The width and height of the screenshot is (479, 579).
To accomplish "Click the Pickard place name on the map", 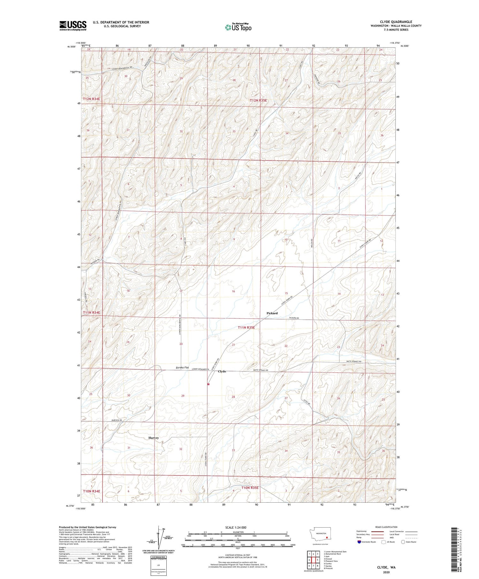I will tap(272, 313).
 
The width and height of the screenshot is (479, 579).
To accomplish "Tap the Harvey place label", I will tap(154, 438).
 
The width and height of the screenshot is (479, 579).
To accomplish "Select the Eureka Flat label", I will tap(182, 368).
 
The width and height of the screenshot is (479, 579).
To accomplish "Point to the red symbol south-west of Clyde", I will tap(208, 384).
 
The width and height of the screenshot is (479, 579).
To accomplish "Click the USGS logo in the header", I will tap(73, 26).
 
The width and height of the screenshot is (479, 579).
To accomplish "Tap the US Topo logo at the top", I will tap(238, 27).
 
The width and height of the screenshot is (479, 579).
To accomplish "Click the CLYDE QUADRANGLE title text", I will tap(396, 22).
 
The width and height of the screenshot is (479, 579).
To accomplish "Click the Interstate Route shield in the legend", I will tap(359, 542).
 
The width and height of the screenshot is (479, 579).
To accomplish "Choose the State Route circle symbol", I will tap(404, 542).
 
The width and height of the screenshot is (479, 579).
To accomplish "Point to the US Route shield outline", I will tap(384, 542).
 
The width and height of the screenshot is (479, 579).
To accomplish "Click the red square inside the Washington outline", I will tap(327, 537).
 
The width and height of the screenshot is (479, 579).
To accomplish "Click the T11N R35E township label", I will tap(246, 328).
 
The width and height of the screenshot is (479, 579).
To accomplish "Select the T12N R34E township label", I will tap(92, 99).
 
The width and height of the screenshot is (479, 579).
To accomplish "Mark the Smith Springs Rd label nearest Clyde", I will tap(259, 370).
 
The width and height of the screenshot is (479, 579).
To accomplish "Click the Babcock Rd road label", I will tap(117, 420).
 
